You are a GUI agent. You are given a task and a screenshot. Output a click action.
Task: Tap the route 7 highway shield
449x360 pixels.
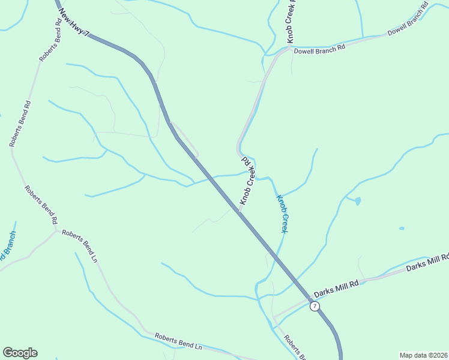point(315,307)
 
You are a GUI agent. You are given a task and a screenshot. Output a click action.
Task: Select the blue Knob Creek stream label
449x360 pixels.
point(282,213)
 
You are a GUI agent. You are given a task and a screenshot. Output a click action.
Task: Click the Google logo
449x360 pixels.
point(20,353)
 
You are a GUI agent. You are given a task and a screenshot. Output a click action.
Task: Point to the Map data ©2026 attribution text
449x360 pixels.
point(424,355)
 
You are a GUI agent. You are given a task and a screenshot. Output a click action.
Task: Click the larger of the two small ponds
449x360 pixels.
point(358,201)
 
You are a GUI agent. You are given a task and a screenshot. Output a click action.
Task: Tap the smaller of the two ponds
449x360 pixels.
point(402,228)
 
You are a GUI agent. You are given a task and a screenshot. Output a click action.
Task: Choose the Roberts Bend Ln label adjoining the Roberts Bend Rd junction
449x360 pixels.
point(79,245)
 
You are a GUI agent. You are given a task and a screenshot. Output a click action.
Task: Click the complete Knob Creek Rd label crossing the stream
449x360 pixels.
point(249,180)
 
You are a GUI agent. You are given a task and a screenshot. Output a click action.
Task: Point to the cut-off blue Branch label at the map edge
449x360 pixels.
point(8,247)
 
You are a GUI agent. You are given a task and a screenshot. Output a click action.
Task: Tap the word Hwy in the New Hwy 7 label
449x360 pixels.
point(76,23)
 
